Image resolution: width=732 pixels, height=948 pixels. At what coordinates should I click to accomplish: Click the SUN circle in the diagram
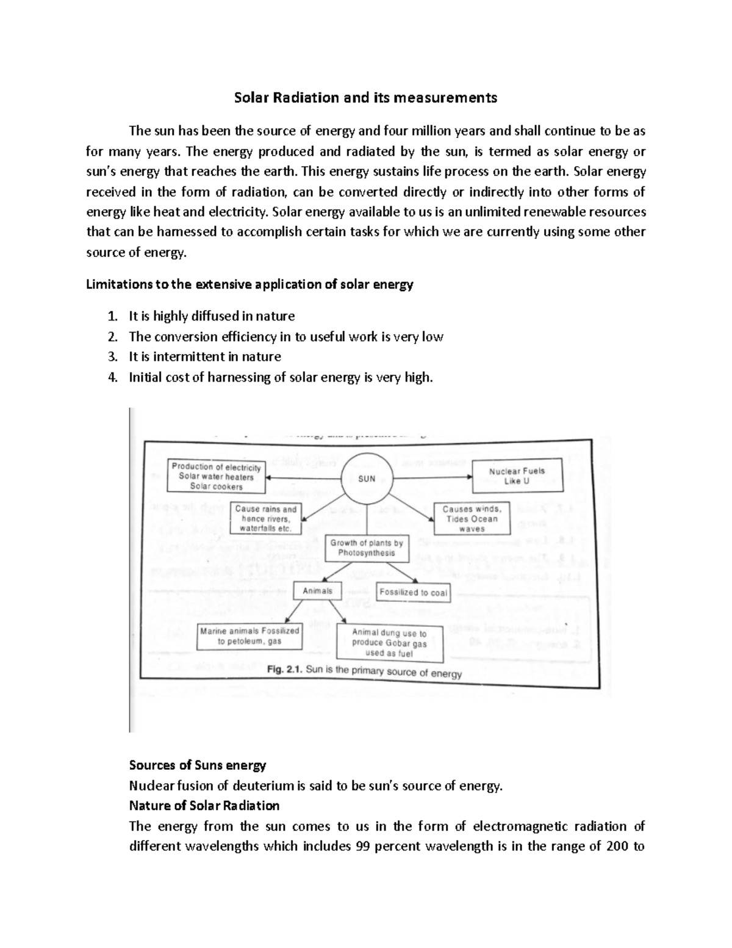367,479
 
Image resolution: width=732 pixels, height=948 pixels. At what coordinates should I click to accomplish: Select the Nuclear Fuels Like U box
517,476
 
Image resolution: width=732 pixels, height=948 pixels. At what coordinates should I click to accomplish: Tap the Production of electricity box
216,477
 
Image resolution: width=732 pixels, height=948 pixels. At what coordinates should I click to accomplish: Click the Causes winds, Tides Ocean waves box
472,519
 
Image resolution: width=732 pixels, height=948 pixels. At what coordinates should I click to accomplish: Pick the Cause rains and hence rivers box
266,519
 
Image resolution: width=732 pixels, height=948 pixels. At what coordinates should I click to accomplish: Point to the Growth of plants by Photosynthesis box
367,548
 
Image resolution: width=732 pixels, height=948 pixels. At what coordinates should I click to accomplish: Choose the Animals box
317,591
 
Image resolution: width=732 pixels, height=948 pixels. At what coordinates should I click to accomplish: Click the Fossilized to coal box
413,592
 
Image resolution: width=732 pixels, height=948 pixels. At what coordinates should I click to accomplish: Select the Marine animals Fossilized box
249,636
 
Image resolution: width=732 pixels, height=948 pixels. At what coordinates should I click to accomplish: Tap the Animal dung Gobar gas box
390,643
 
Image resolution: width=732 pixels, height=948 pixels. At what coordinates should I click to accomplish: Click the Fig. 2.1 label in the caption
285,670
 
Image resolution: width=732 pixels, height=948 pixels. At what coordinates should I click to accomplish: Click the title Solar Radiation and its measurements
366,98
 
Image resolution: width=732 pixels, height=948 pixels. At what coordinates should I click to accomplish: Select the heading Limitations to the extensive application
250,284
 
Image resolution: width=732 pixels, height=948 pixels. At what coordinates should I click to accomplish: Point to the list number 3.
112,357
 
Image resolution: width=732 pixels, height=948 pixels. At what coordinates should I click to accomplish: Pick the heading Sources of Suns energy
198,765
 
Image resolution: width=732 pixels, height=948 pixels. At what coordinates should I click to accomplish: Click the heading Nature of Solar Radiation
204,806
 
